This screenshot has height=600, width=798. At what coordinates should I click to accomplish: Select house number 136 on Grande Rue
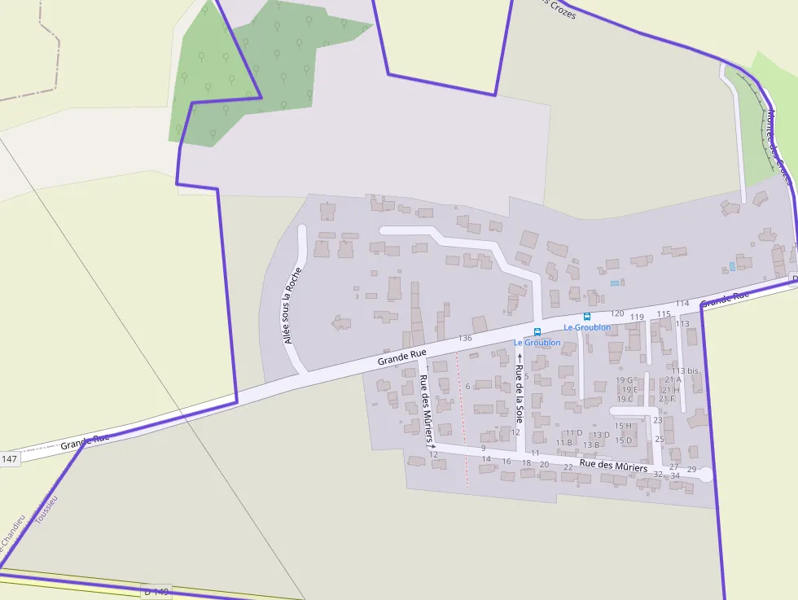point(465,338)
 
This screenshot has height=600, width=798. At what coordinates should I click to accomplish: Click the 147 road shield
point(9,459)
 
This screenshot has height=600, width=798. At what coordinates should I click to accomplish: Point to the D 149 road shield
point(155,591)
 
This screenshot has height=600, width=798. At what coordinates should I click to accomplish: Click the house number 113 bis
point(685,371)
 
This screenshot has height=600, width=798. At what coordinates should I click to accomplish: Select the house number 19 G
point(625,380)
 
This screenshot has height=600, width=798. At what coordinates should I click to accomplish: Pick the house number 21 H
point(670,390)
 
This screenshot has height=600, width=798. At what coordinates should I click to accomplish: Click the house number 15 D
point(623,440)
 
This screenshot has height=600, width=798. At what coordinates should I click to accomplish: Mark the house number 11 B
point(564,442)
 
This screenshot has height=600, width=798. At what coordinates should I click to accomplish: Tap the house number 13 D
point(601,435)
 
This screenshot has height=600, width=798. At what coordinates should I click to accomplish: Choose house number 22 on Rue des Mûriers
point(568,467)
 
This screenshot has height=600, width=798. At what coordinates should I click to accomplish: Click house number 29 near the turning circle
point(691,470)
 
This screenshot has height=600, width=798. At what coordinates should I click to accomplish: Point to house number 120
point(617,313)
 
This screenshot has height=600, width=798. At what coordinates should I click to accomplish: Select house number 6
point(467,386)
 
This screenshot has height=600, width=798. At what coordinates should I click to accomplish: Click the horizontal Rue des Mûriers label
point(613,467)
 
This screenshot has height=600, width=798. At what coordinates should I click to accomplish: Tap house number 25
point(660,439)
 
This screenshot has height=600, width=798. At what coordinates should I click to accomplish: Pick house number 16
point(506,462)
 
